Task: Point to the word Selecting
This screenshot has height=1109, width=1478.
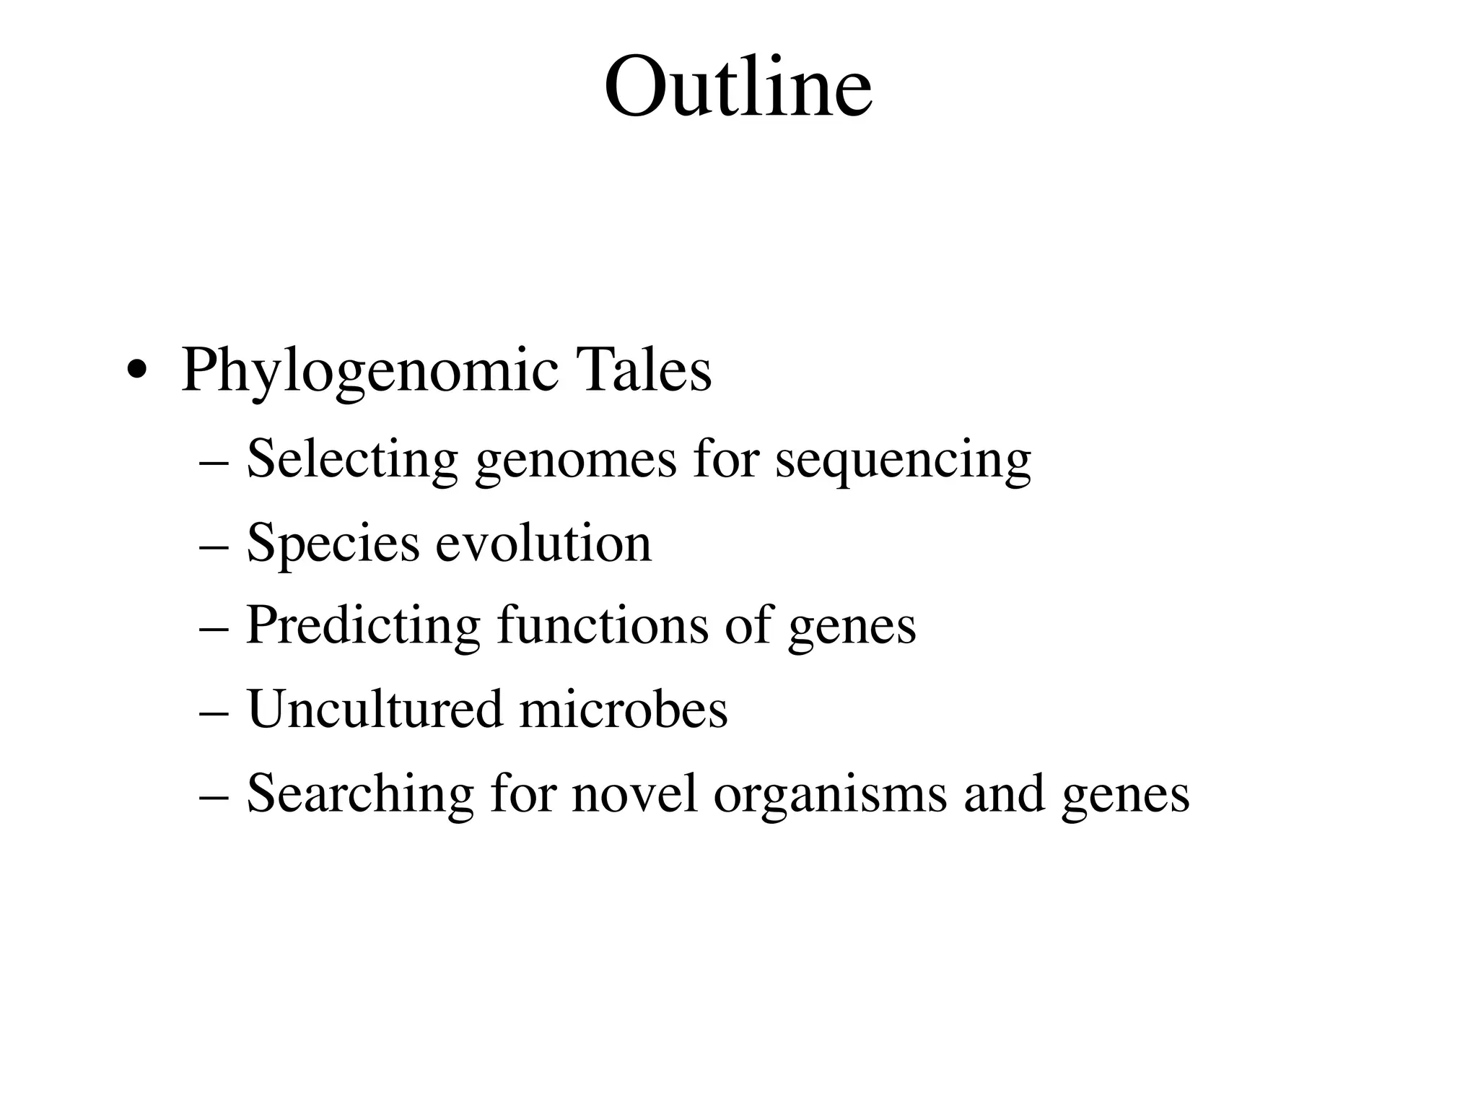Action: click(352, 459)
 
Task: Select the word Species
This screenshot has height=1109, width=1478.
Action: click(333, 544)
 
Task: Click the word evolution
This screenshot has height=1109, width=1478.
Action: click(543, 544)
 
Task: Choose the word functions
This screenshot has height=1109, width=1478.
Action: click(603, 625)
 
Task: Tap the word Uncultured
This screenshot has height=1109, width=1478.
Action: click(375, 710)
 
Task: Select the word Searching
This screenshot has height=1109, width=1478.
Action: click(360, 793)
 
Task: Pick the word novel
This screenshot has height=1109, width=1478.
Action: click(634, 793)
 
